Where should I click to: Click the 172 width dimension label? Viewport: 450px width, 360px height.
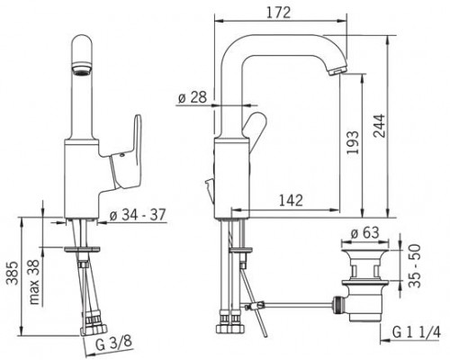tap(279, 13)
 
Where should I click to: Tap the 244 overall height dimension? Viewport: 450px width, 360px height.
tap(379, 125)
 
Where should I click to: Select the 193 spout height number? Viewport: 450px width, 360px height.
tap(353, 142)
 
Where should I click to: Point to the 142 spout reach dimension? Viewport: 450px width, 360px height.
tap(291, 200)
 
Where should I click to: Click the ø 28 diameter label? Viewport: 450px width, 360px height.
tap(193, 97)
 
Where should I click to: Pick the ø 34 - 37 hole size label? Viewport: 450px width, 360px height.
tap(138, 215)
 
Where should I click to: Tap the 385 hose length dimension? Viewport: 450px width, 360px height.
tap(13, 273)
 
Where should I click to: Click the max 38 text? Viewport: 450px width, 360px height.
tap(35, 282)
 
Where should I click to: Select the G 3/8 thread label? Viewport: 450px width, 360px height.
tap(113, 344)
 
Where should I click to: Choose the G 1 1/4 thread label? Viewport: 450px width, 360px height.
tap(417, 332)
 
